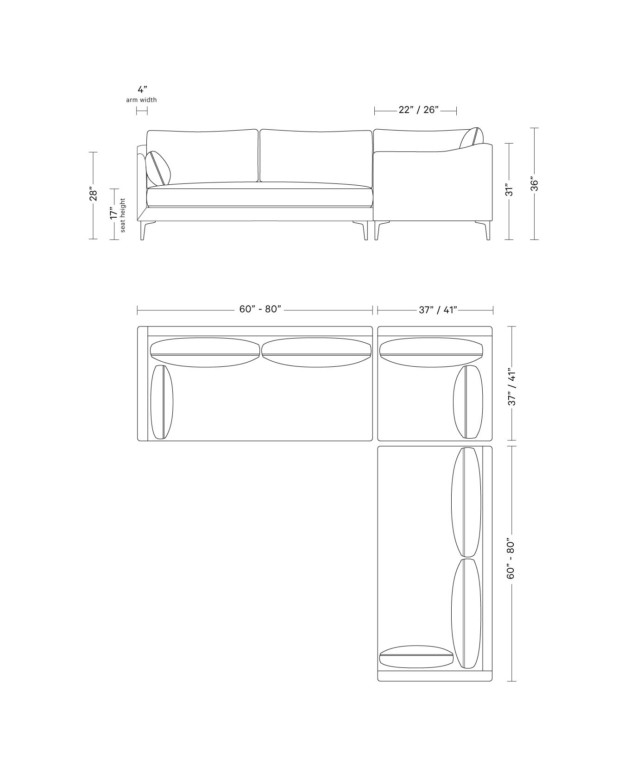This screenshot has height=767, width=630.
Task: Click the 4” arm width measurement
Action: [143, 90]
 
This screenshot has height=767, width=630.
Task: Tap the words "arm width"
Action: [141, 100]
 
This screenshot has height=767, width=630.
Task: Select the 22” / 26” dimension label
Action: [418, 110]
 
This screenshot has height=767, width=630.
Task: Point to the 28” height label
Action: [93, 195]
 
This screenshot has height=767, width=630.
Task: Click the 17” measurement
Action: [113, 214]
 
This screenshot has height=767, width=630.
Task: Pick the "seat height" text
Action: [123, 215]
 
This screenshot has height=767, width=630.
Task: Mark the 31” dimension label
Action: [509, 191]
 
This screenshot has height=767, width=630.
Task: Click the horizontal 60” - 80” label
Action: [260, 309]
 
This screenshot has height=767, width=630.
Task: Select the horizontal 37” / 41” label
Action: [438, 310]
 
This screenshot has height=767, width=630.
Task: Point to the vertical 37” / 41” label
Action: [512, 387]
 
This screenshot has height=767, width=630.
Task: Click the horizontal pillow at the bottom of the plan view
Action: [416, 656]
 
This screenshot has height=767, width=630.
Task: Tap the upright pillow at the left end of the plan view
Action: [162, 402]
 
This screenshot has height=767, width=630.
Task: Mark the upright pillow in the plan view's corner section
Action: [468, 402]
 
